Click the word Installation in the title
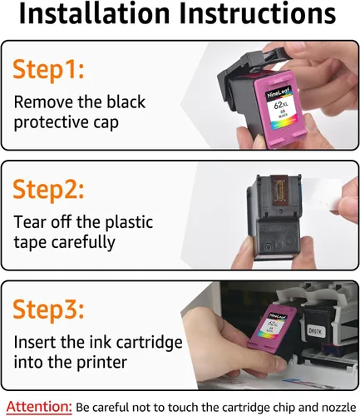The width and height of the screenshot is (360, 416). [94, 13]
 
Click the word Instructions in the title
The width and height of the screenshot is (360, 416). [258, 13]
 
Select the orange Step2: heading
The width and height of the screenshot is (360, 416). [48, 191]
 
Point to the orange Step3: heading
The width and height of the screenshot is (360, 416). [48, 310]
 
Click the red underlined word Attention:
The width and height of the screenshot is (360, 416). [39, 407]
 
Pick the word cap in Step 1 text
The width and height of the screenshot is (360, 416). [106, 122]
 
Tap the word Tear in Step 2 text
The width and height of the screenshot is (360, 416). [31, 222]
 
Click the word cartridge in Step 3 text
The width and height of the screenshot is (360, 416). [149, 343]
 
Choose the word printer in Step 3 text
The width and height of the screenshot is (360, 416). [101, 362]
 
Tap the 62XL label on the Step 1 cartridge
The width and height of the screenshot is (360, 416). [281, 105]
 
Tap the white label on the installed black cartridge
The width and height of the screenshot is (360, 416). [315, 330]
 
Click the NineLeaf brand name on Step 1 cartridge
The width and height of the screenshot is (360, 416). [279, 92]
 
